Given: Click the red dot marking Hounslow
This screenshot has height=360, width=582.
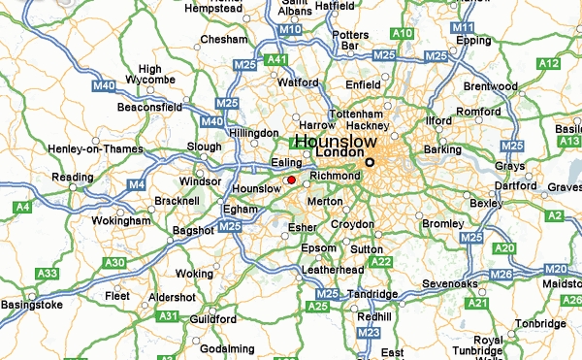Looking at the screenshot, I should [291, 180].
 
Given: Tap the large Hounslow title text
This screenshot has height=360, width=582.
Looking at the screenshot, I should [335, 141].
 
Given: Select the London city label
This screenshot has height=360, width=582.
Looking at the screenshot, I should [339, 153].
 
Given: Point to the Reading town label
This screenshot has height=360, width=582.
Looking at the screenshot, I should [73, 178].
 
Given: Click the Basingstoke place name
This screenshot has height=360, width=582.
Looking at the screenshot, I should [33, 305].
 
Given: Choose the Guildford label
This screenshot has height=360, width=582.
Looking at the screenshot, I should [212, 318].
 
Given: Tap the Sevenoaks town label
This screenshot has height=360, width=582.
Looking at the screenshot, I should [449, 284].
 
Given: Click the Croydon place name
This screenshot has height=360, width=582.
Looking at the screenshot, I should [352, 224].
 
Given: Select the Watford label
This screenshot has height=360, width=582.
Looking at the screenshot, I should [298, 83].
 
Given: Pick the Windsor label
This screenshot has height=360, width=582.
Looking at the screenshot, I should [201, 181].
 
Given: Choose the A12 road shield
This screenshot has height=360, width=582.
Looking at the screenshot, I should [550, 64].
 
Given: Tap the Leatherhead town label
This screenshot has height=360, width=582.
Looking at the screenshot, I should [333, 269].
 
